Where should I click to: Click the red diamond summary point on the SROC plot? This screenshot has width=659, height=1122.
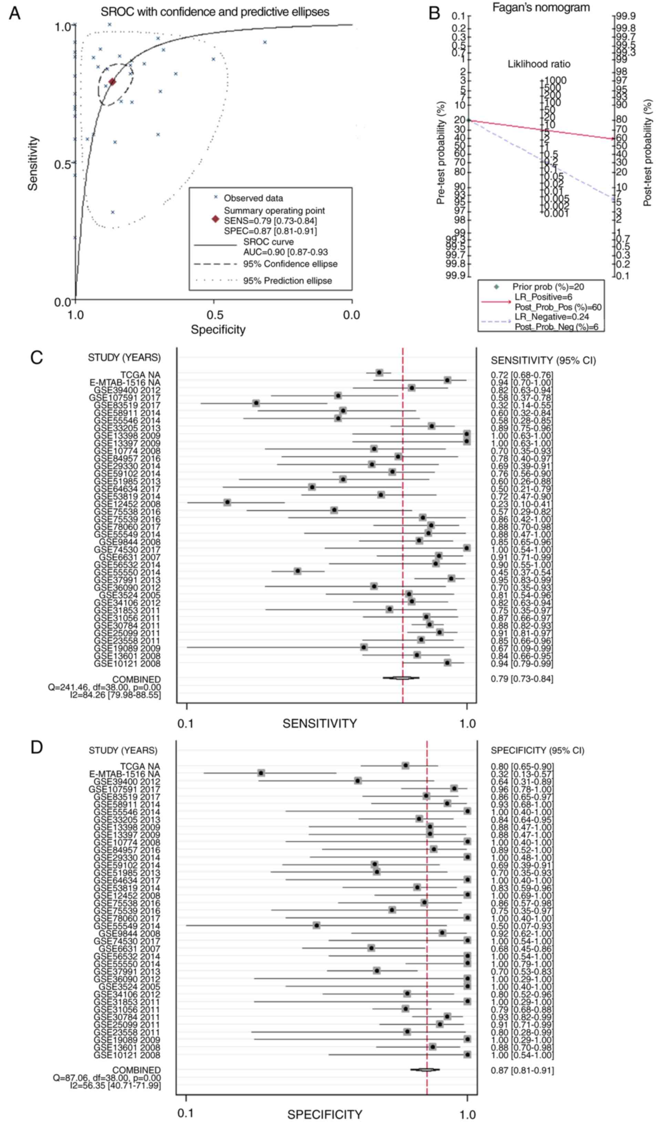click(x=112, y=82)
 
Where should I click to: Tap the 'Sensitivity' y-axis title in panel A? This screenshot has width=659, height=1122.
click(x=32, y=163)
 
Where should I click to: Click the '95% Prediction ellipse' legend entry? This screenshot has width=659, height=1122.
click(x=287, y=280)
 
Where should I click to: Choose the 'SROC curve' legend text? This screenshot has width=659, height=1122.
click(x=268, y=242)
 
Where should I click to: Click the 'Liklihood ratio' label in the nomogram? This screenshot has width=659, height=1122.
click(x=539, y=64)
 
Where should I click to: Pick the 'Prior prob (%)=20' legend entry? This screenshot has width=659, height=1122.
click(x=548, y=287)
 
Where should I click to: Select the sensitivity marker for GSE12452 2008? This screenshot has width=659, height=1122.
click(x=227, y=502)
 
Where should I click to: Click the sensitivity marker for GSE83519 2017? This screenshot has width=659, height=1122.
click(x=256, y=403)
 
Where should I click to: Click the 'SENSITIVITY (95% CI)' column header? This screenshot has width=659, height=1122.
click(x=543, y=360)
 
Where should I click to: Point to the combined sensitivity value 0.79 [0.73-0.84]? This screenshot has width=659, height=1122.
click(x=522, y=679)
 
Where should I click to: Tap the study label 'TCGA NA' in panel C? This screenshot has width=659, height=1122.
click(x=140, y=375)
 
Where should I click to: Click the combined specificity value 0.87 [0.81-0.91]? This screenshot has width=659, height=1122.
click(x=522, y=1070)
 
